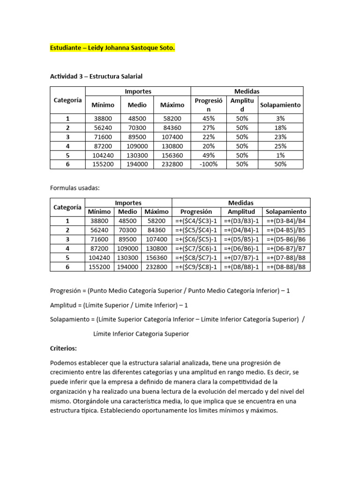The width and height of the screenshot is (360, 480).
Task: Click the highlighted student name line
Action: tap(112, 48)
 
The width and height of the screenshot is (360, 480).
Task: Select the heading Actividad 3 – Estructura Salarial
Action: tap(96, 75)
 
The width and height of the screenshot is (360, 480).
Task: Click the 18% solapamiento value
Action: tap(281, 127)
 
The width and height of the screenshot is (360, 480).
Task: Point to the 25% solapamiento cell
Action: tap(281, 146)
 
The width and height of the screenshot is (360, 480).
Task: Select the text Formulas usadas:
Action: tap(75, 187)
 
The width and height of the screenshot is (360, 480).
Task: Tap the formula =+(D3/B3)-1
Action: tap(241, 221)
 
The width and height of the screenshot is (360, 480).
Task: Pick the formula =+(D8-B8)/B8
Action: tap(286, 267)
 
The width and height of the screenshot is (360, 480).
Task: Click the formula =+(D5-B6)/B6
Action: tap(286, 239)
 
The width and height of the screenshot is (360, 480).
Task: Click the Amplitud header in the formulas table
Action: tap(241, 212)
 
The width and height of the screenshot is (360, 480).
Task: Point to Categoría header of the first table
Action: tap(67, 100)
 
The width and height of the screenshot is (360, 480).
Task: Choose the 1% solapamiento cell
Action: tap(281, 155)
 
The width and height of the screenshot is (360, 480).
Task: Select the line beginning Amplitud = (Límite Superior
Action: tap(119, 305)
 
